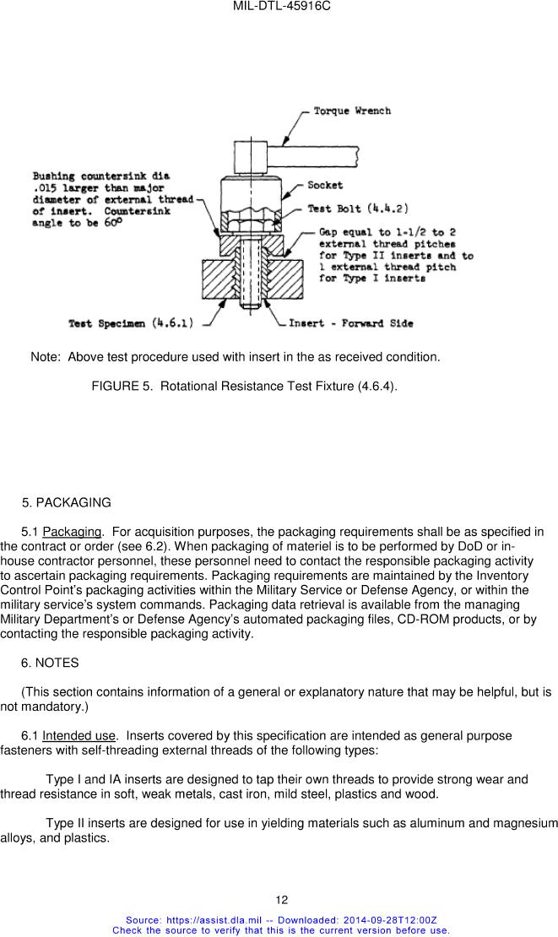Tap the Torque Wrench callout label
[351, 111]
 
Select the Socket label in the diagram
[324, 185]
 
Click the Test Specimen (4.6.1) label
[133, 323]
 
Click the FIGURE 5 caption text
[244, 386]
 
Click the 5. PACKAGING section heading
[66, 502]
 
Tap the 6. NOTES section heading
[50, 663]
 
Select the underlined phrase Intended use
[79, 735]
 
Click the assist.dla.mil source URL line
[281, 919]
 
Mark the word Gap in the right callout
[329, 232]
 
